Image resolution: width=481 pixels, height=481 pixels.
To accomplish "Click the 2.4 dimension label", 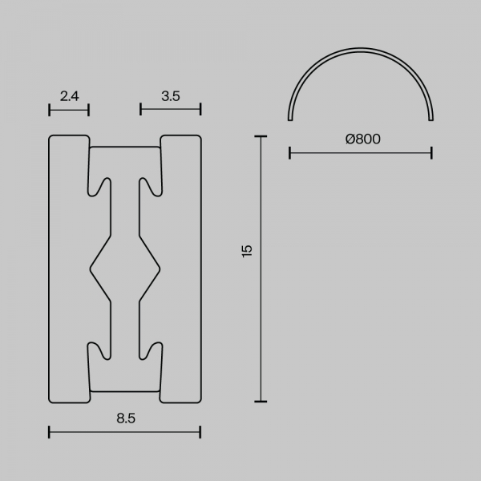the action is (x=69, y=96).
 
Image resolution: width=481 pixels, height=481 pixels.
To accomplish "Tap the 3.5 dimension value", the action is (x=171, y=96).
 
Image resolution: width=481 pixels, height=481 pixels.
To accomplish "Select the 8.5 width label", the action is (x=126, y=418).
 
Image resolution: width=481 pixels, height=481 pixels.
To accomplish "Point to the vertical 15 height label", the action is (x=247, y=251).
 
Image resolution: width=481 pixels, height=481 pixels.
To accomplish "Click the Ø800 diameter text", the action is (x=363, y=139).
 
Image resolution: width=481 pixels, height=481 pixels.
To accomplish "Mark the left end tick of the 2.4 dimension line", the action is (x=50, y=110).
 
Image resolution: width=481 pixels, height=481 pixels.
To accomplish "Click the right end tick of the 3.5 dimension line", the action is (x=200, y=109).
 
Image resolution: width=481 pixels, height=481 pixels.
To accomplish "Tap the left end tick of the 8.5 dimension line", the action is (x=49, y=432).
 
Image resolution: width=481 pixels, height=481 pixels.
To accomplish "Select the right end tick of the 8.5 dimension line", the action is (x=200, y=432).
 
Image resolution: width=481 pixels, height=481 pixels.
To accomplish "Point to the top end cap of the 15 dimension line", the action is (x=261, y=136).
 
